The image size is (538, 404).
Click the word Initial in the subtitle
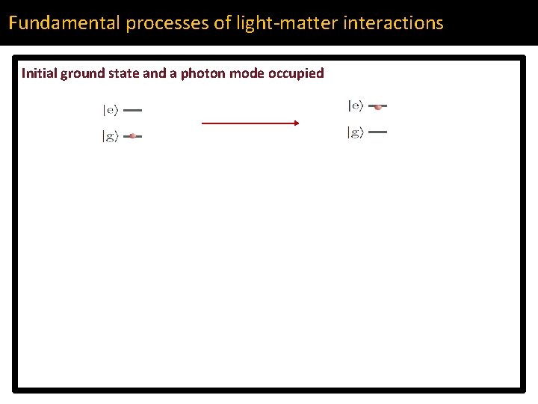[x=39, y=73]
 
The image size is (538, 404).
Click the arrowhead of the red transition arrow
[x=295, y=123]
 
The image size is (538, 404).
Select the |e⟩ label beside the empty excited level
[x=110, y=110]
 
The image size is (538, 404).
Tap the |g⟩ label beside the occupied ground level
[x=110, y=136]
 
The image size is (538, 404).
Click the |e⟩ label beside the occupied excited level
[x=356, y=106]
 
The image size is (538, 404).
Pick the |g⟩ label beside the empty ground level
[x=356, y=132]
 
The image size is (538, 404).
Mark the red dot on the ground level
[x=132, y=136]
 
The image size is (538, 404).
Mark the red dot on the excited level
[x=378, y=107]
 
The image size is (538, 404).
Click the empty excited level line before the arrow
[x=132, y=110]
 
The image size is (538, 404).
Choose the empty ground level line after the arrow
[x=378, y=132]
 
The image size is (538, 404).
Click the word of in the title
[x=223, y=22]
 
